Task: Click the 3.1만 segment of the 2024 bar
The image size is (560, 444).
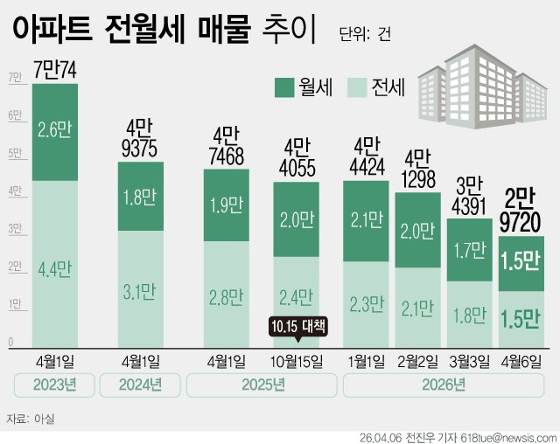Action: click(x=141, y=288)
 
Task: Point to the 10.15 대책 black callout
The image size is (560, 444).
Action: click(x=297, y=328)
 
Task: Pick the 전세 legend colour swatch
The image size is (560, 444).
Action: click(x=356, y=87)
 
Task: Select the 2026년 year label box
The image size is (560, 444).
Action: click(x=444, y=385)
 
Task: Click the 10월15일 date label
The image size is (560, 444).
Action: click(x=296, y=360)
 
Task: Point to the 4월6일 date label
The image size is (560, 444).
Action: click(x=521, y=360)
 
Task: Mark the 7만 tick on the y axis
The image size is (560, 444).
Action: click(x=15, y=78)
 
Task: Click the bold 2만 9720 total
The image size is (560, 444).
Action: click(x=521, y=211)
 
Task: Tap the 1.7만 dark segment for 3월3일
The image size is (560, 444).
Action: click(x=470, y=250)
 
